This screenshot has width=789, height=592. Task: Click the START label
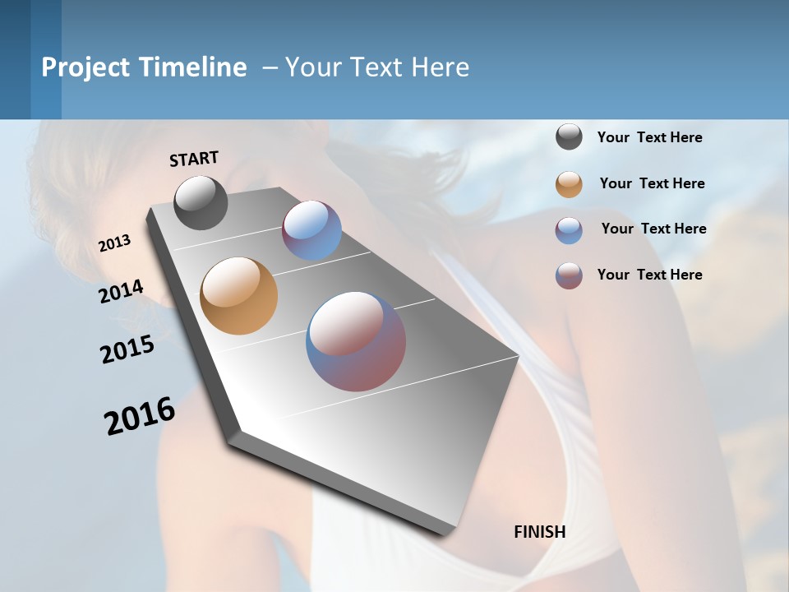pos(194,159)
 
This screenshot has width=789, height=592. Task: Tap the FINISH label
pos(540,532)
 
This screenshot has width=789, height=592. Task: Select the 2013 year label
pos(115,243)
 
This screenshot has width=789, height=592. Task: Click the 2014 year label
pos(121,291)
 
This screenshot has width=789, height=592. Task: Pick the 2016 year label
pos(140,416)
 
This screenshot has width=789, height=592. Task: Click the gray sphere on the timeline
pos(201,202)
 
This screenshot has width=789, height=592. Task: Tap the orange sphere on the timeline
pos(238,296)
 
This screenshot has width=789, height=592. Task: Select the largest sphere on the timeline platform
pos(356,341)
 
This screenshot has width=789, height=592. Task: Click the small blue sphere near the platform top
pos(311,230)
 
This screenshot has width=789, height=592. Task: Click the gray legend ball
pos(569,137)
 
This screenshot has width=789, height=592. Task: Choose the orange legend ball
pos(569,184)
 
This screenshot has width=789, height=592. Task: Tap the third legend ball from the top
pos(569,230)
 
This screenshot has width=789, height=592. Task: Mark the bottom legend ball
pos(569,275)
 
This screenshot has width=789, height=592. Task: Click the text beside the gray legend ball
pos(649,137)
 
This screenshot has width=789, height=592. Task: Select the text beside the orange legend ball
pos(652,183)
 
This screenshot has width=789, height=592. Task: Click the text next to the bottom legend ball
pos(649,275)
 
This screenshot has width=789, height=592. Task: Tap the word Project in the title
pos(85,67)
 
